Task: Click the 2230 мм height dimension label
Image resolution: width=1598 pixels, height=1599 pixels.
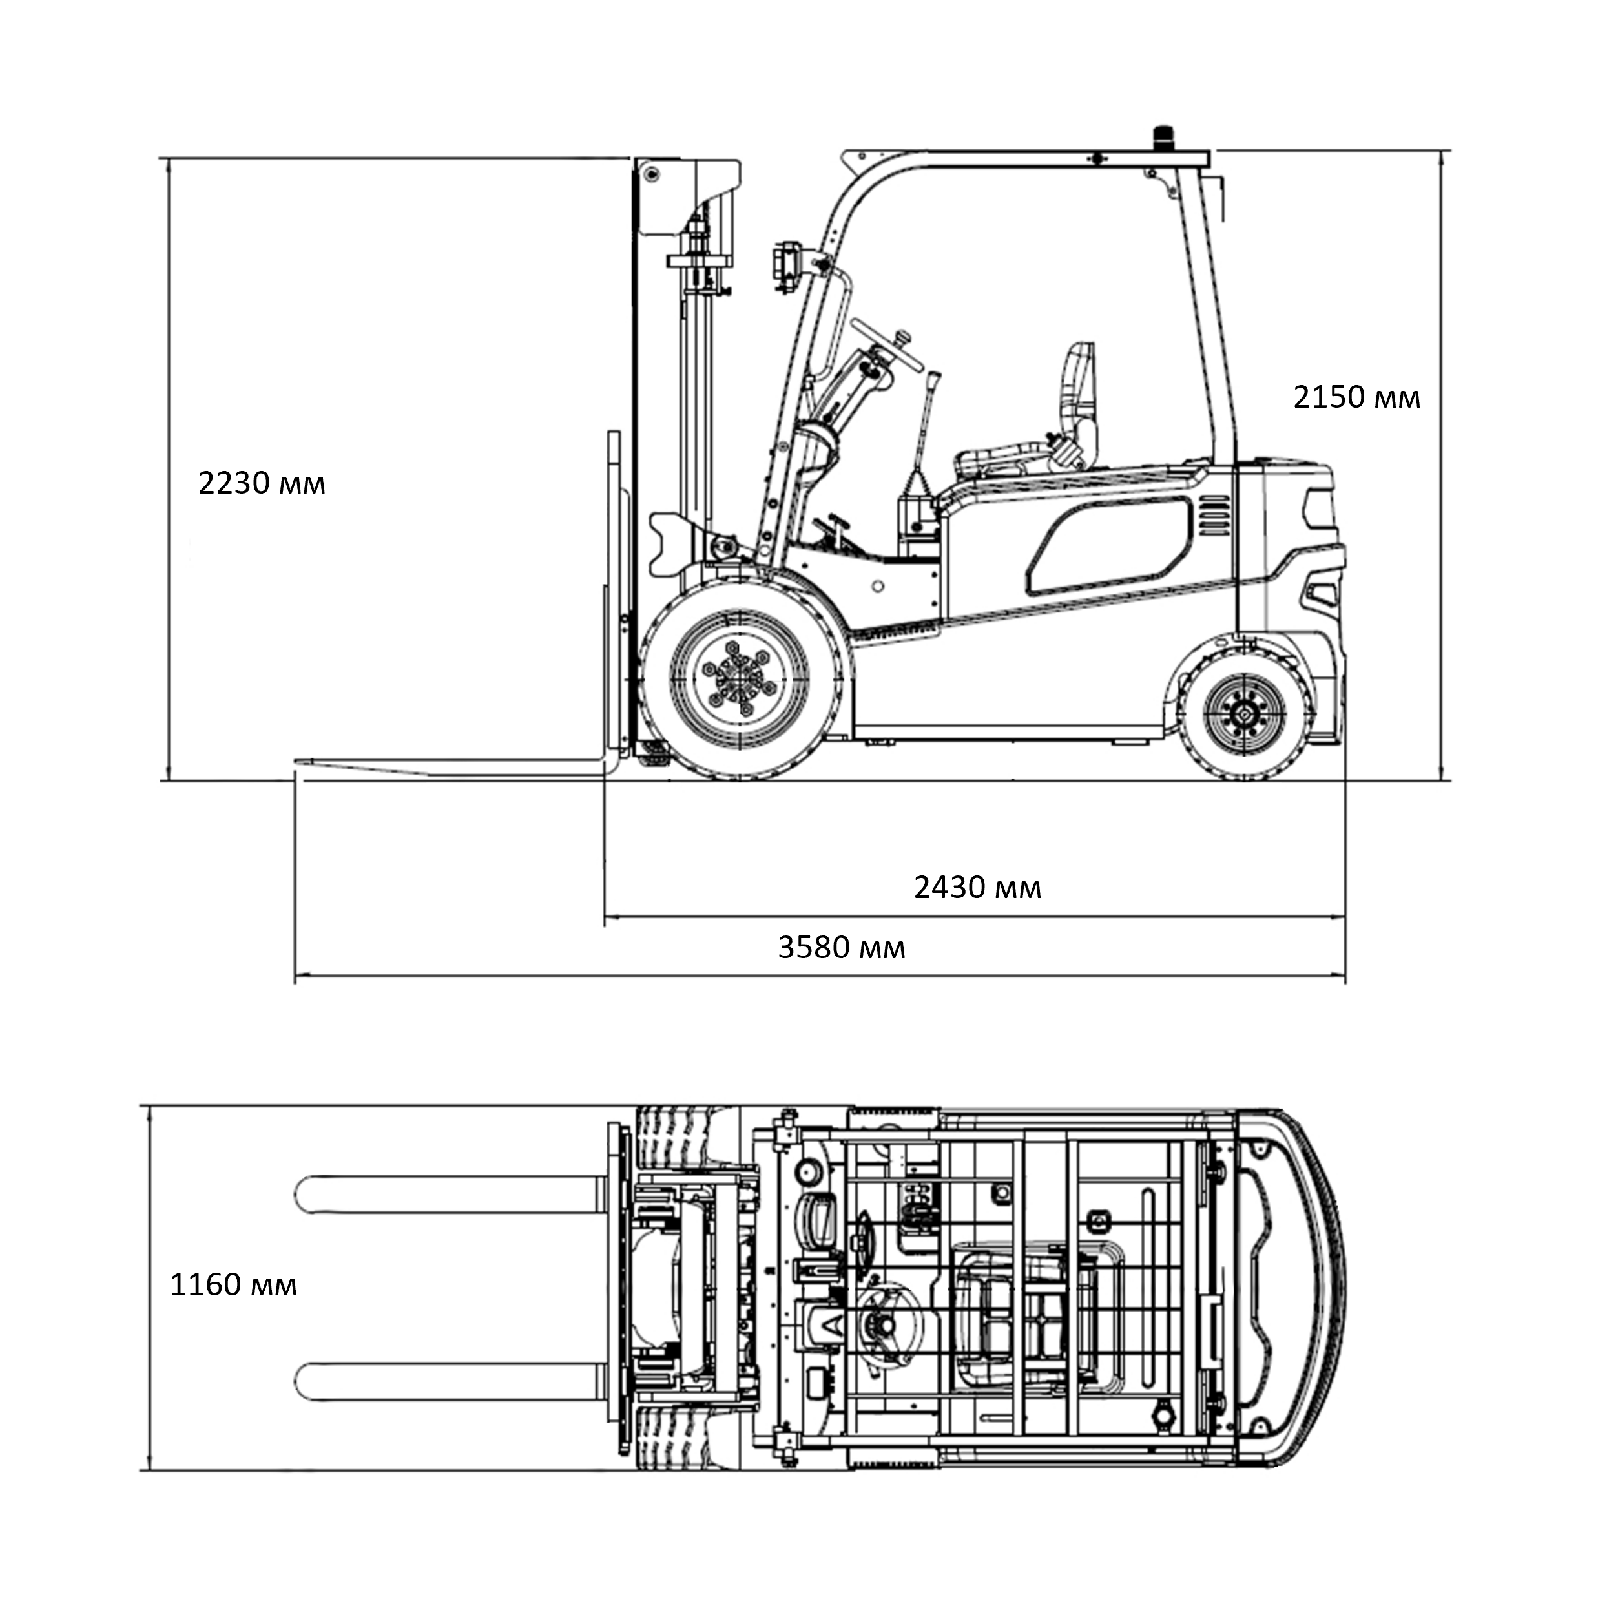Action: [262, 483]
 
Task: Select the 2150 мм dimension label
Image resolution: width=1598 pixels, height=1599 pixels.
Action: [1356, 398]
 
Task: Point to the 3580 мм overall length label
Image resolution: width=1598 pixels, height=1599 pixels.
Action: [842, 948]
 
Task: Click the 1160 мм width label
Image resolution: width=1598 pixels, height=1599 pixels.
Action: [233, 1285]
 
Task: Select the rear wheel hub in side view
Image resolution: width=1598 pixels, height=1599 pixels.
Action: [1245, 715]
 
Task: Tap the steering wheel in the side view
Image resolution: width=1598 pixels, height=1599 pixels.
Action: [886, 344]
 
